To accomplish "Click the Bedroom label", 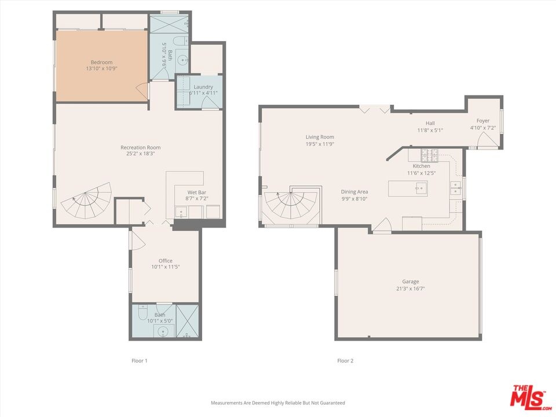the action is tap(101, 62).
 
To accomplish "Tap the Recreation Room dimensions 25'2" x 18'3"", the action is tap(140, 153).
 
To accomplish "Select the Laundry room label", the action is tap(203, 87).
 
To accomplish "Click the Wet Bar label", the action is tap(197, 192).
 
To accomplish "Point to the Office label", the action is tap(166, 261).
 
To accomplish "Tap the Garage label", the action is tap(410, 281).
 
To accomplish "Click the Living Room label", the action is tap(320, 137).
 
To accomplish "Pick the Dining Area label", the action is tap(354, 192).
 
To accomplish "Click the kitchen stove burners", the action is tap(429, 155).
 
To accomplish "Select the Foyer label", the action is tap(483, 121).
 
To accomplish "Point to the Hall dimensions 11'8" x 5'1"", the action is tap(430, 130).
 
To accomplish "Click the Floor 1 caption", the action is tap(140, 361).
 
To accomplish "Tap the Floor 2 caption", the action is tap(345, 361).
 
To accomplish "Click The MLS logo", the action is tap(530, 396).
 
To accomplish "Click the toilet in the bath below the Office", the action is tap(142, 312).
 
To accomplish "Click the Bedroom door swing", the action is tap(142, 91).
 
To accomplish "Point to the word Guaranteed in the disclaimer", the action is tap(332, 403).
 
